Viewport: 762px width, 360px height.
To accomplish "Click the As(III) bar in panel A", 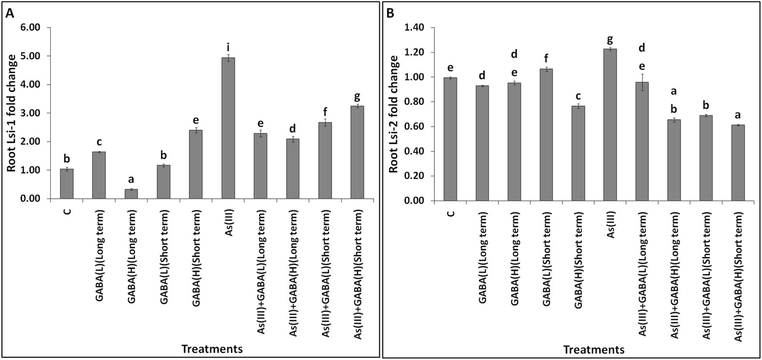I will tap(228, 128).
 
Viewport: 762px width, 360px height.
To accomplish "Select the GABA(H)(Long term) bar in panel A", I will tap(131, 194).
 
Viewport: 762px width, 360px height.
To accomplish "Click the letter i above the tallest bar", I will tap(228, 47).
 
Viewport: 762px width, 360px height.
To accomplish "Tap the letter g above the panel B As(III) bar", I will tap(610, 39).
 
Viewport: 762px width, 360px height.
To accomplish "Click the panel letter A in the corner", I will tap(9, 14).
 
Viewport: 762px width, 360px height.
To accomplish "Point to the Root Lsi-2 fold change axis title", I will tap(394, 114).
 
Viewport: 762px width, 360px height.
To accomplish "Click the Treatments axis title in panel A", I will tap(212, 348).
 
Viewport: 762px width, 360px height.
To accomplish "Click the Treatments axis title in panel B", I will tap(594, 348).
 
